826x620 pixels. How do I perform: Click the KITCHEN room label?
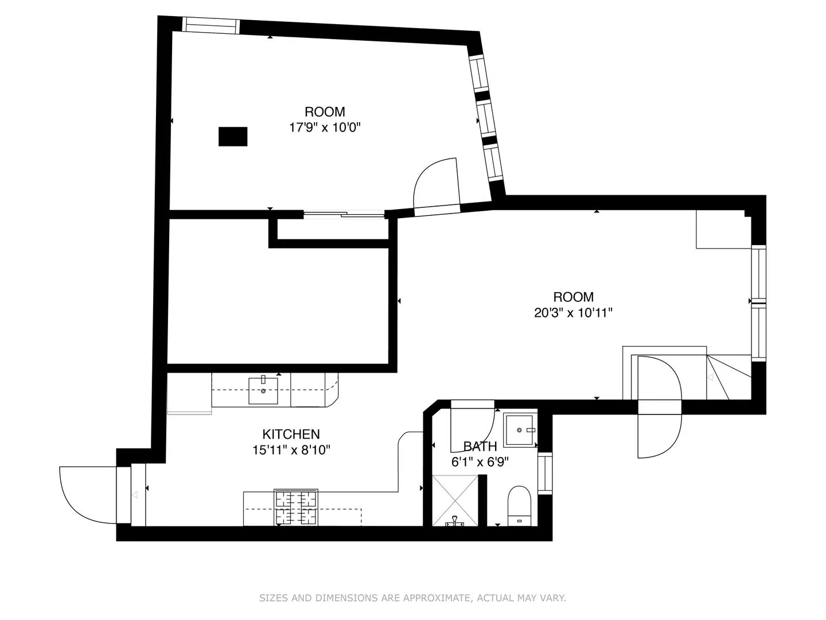[291, 434]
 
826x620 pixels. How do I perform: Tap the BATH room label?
[480, 446]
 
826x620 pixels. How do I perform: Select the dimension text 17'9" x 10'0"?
[325, 127]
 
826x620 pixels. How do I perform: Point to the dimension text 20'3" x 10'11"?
[573, 313]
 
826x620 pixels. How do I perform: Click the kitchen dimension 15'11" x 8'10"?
[291, 450]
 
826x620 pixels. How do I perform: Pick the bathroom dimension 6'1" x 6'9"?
[480, 461]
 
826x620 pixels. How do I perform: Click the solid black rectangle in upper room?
[233, 137]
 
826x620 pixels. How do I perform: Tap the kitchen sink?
[263, 390]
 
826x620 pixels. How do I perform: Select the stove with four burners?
[297, 507]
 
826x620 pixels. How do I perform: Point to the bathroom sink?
[520, 430]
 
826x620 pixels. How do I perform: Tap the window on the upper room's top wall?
[210, 25]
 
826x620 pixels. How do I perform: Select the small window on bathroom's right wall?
[545, 474]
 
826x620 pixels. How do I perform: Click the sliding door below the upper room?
[344, 215]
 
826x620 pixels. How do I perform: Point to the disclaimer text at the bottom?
[412, 598]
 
